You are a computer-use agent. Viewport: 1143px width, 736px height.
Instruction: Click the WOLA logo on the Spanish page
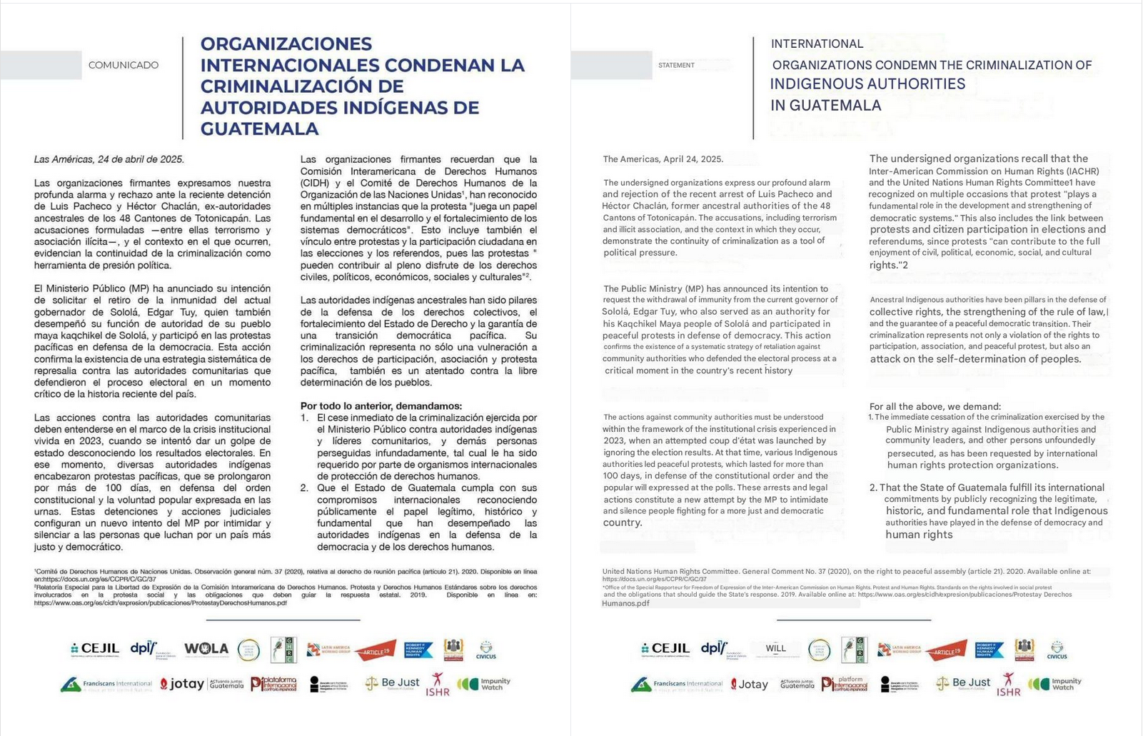206,648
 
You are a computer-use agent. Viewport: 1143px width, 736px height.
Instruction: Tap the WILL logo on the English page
776,648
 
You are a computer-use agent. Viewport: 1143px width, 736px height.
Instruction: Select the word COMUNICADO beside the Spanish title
124,65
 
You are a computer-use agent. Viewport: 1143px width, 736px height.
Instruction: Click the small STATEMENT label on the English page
676,65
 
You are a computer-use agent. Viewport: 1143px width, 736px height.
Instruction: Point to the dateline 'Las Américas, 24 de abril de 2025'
109,159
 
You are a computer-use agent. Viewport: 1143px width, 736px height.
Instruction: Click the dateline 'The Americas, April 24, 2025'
663,159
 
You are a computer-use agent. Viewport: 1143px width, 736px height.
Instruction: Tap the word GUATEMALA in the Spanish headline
260,128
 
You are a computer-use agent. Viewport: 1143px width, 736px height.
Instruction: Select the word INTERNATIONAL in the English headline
817,44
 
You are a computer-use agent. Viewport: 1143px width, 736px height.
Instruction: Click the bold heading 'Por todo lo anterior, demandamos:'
381,405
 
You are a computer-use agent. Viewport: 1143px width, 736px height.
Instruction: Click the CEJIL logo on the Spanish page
95,648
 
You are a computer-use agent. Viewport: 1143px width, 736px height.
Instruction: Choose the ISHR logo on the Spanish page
438,685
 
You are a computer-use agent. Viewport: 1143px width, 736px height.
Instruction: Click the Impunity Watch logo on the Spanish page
485,684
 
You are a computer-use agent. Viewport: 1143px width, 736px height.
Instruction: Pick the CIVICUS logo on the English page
1057,650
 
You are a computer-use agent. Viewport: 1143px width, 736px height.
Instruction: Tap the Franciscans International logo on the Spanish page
106,685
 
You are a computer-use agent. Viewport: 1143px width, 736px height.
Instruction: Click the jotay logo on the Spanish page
182,684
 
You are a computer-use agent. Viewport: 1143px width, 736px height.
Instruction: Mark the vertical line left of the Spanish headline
183,87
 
